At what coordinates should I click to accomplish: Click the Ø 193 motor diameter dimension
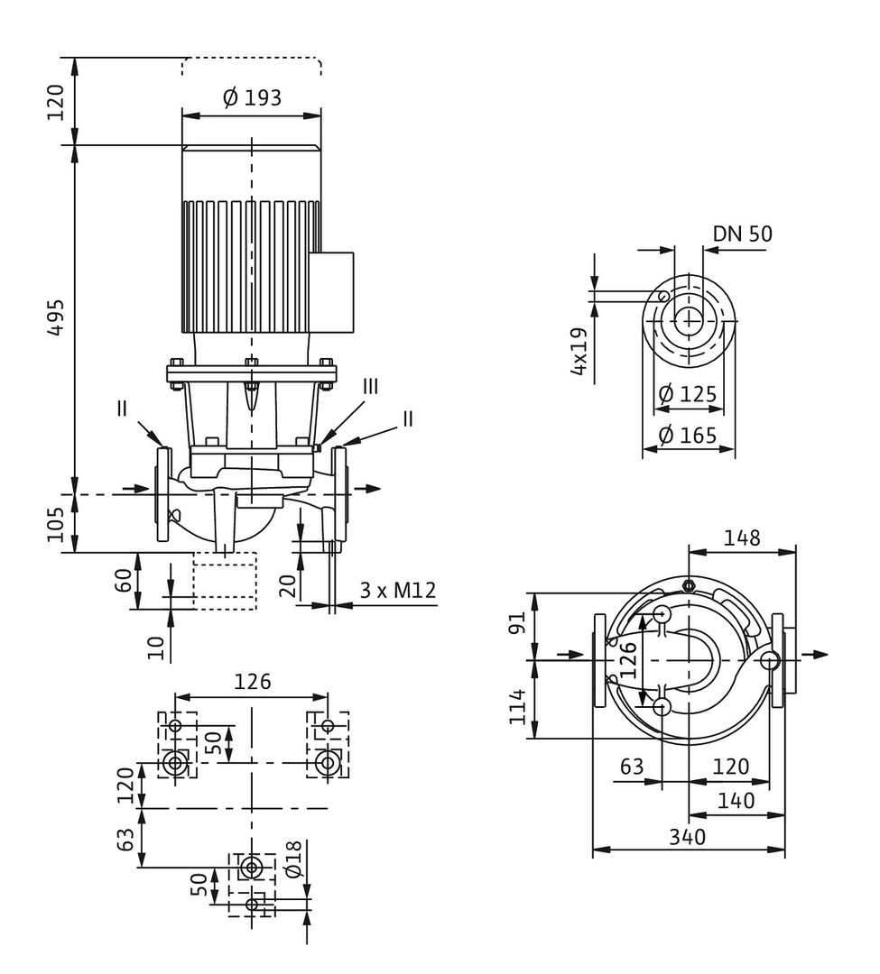(252, 97)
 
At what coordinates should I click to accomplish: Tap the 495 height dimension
(56, 318)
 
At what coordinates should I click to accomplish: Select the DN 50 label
(742, 234)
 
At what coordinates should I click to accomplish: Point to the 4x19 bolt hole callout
(579, 351)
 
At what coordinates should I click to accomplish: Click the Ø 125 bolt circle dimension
(687, 394)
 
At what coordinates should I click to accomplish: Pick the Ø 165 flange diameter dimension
(687, 435)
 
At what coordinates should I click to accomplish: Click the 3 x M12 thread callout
(398, 590)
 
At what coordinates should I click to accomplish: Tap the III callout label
(370, 386)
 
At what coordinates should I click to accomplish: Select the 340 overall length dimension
(688, 837)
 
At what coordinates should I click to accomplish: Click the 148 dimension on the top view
(741, 538)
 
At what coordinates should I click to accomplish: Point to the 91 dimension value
(518, 621)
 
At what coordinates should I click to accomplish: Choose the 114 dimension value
(518, 706)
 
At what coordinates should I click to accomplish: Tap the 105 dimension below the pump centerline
(56, 524)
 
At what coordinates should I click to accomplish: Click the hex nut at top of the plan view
(689, 584)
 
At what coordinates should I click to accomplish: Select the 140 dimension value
(736, 801)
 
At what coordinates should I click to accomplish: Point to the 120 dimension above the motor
(56, 102)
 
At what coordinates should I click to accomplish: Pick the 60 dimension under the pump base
(125, 580)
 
